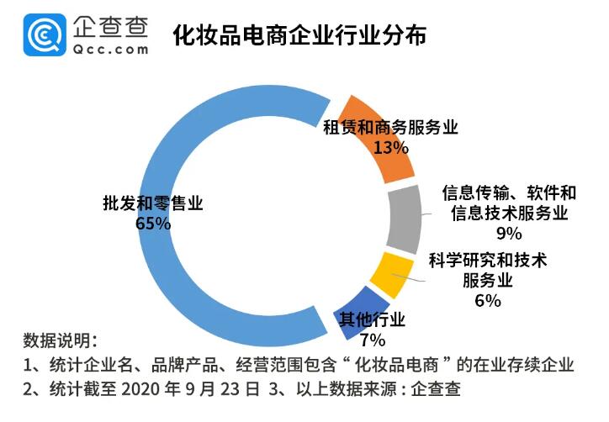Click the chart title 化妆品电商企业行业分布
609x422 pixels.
point(299,36)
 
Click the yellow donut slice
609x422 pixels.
point(391,275)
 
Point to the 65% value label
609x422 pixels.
point(153,224)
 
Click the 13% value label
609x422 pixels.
point(390,147)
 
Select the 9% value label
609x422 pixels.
point(509,233)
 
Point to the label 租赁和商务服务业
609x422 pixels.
point(390,127)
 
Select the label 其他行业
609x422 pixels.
point(372,320)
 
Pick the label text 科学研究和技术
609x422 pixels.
point(488,261)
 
